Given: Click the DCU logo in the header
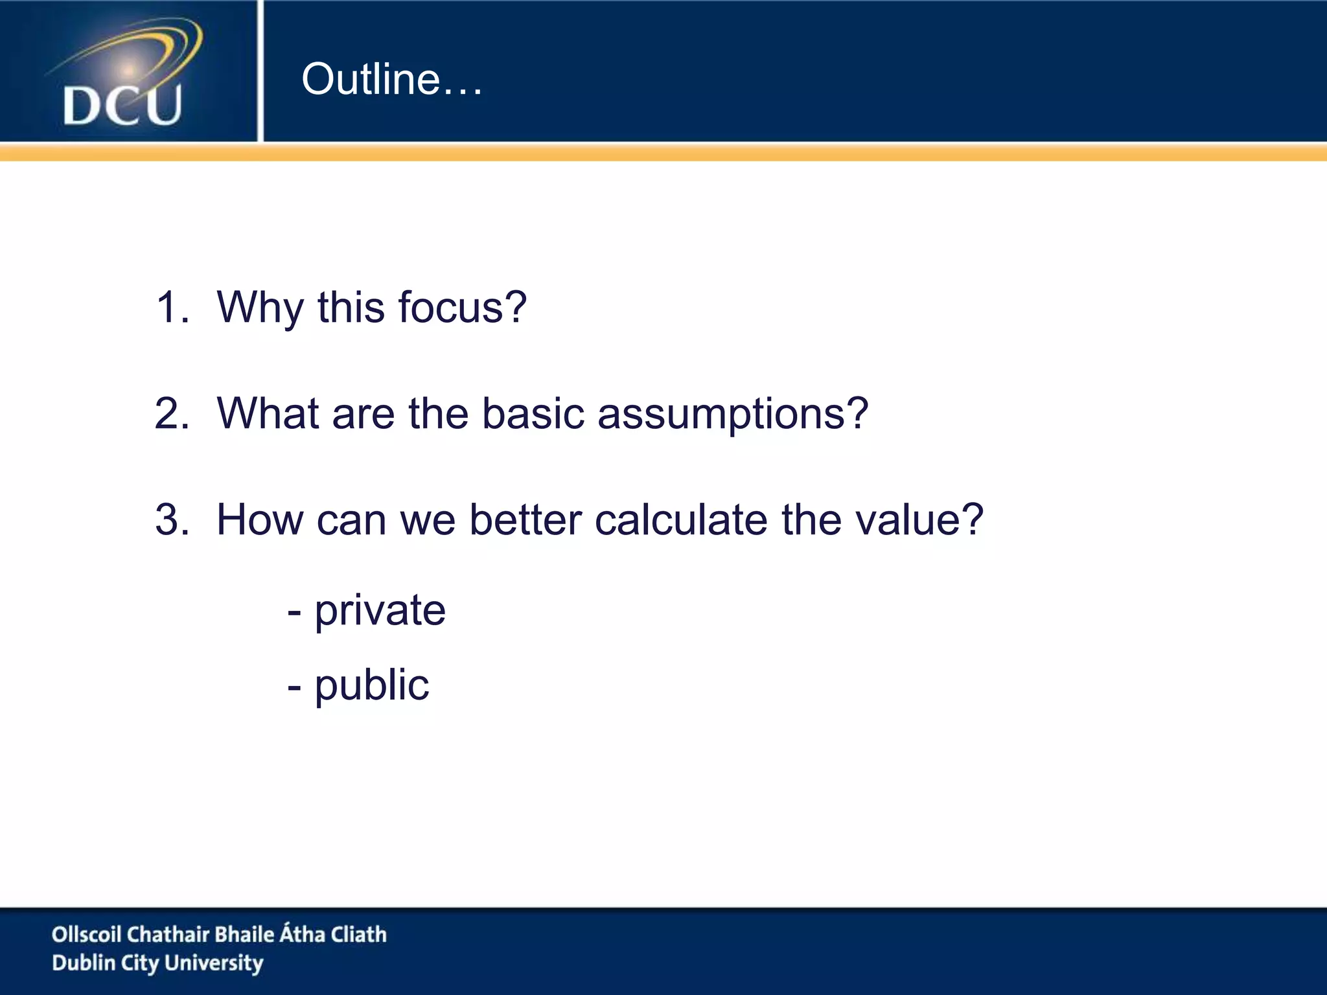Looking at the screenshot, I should click(x=123, y=74).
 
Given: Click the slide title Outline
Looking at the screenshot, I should click(x=391, y=79).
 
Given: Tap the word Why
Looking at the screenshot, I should click(x=260, y=308).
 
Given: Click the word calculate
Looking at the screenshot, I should click(x=680, y=520).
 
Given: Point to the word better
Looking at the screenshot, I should click(x=525, y=520).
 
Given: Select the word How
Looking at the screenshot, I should click(x=259, y=520).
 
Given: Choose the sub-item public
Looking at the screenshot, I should click(x=371, y=685).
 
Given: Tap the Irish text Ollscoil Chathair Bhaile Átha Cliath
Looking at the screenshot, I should click(x=219, y=935).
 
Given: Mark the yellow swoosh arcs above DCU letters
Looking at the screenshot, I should click(x=162, y=45).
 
